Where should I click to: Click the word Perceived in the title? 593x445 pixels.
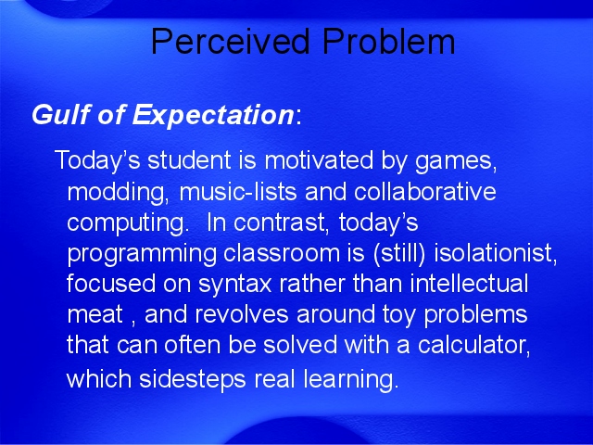point(231,41)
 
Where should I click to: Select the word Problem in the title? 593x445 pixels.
point(388,41)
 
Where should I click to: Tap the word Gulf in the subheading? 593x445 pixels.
point(62,114)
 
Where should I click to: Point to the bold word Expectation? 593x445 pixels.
point(212,115)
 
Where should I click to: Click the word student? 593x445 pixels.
point(189,159)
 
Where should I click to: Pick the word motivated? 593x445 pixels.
point(319,159)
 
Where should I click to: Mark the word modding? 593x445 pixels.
point(115,193)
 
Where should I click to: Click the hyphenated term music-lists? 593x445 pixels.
point(238,192)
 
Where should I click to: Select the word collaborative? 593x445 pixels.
point(424,192)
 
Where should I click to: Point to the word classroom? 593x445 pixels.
point(282,253)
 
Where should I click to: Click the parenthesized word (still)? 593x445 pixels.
point(399,253)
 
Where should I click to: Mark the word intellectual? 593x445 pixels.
point(469,284)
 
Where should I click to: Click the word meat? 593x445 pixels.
point(95,314)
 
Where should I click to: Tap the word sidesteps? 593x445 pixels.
point(193,379)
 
